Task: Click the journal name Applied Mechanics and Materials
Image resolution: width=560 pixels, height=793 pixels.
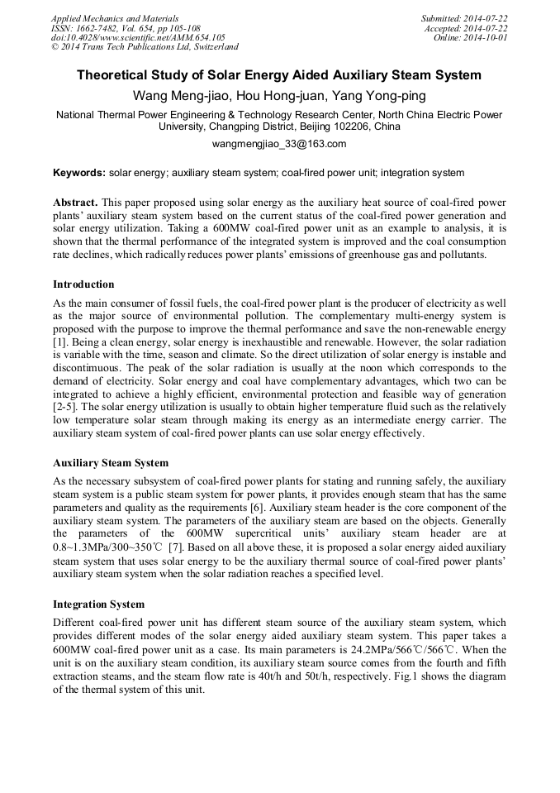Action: pyautogui.click(x=115, y=18)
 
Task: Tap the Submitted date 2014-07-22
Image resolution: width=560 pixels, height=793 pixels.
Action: pyautogui.click(x=464, y=18)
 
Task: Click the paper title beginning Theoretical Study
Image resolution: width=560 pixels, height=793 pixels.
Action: pyautogui.click(x=279, y=75)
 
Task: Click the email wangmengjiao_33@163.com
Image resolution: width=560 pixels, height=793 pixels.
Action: pyautogui.click(x=279, y=143)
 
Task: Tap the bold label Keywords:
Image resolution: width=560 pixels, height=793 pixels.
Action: pyautogui.click(x=79, y=173)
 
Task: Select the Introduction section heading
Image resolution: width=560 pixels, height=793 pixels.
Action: pyautogui.click(x=83, y=284)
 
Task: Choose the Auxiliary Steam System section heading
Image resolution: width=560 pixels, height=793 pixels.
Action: pyautogui.click(x=111, y=463)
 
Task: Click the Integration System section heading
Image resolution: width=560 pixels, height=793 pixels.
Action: pyautogui.click(x=98, y=604)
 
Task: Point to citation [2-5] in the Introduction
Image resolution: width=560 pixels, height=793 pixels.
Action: pyautogui.click(x=66, y=408)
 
